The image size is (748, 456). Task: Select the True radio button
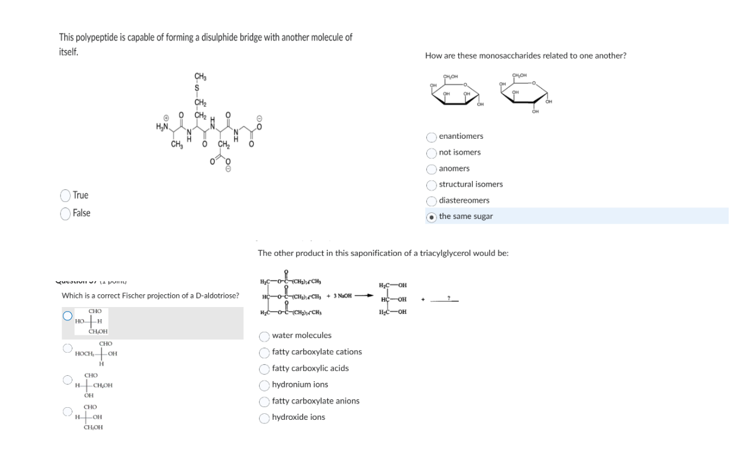tap(65, 195)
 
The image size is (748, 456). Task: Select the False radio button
tap(65, 214)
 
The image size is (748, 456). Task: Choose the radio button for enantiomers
tap(432, 137)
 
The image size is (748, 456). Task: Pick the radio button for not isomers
tap(432, 153)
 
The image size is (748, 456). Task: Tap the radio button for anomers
tap(432, 169)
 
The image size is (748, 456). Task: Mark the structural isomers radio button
tap(432, 185)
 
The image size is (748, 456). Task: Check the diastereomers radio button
tap(432, 201)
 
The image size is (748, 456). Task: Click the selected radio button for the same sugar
tap(432, 217)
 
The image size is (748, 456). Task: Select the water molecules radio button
tap(264, 336)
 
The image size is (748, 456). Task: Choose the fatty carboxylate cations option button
tap(264, 352)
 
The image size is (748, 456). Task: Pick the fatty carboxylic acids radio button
tap(264, 369)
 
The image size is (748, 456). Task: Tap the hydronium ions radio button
tap(264, 385)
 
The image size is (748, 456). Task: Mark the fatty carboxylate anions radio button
tap(264, 401)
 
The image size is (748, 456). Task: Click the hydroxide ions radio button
tap(264, 417)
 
